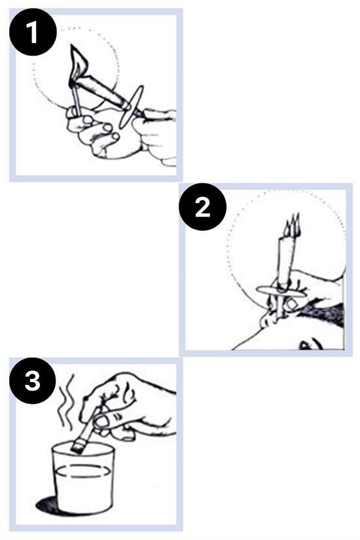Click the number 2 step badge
[202, 207]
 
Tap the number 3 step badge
[33, 381]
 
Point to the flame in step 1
[80, 63]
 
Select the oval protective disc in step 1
[131, 107]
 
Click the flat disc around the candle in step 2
[281, 291]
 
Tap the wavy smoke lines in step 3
[66, 402]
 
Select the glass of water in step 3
[83, 478]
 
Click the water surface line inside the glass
[83, 471]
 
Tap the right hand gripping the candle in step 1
[156, 135]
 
